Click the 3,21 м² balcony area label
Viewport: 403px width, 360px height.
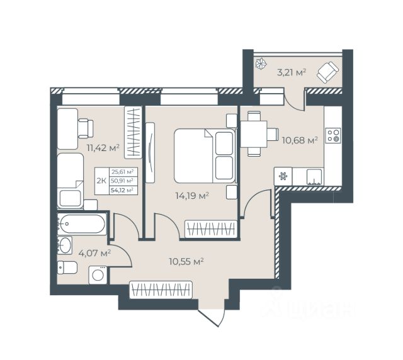[292, 72]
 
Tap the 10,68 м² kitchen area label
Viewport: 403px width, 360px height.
[300, 140]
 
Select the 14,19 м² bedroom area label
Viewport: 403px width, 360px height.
[191, 196]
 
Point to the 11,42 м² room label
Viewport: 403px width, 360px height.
[103, 148]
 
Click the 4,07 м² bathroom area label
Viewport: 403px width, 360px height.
[94, 254]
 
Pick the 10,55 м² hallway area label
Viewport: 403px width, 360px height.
[186, 262]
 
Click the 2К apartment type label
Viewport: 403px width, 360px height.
[101, 181]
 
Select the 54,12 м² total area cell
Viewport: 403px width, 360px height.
[122, 190]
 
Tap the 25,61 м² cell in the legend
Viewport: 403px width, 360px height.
[122, 172]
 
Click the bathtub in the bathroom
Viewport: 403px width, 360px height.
[82, 224]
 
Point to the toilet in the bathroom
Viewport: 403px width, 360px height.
[67, 267]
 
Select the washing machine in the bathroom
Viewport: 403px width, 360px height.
[98, 275]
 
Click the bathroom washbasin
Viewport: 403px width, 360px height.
[64, 245]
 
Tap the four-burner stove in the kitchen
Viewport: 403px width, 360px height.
[333, 135]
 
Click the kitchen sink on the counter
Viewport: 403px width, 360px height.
[315, 177]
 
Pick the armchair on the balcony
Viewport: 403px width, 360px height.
[327, 72]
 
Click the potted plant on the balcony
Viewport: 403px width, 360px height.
[261, 64]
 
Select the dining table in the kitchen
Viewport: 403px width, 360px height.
[254, 134]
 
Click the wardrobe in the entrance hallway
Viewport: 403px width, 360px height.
[161, 290]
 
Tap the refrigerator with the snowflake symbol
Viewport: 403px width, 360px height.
[283, 176]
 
